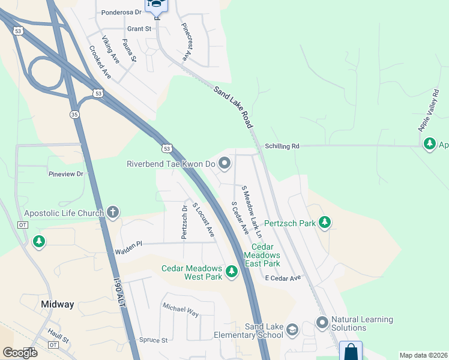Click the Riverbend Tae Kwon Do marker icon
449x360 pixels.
(224, 163)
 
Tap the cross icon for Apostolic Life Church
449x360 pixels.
(112, 212)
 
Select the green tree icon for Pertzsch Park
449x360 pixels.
(325, 223)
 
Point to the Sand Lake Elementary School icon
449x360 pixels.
(292, 330)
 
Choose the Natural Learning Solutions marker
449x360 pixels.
(322, 323)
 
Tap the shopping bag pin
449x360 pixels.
(351, 351)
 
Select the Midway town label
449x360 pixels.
(58, 304)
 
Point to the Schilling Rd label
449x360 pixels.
(282, 146)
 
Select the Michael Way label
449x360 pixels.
(180, 310)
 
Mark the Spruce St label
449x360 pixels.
(153, 340)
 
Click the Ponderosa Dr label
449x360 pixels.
(121, 12)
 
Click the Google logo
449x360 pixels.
(20, 352)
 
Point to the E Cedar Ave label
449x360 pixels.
(282, 278)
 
